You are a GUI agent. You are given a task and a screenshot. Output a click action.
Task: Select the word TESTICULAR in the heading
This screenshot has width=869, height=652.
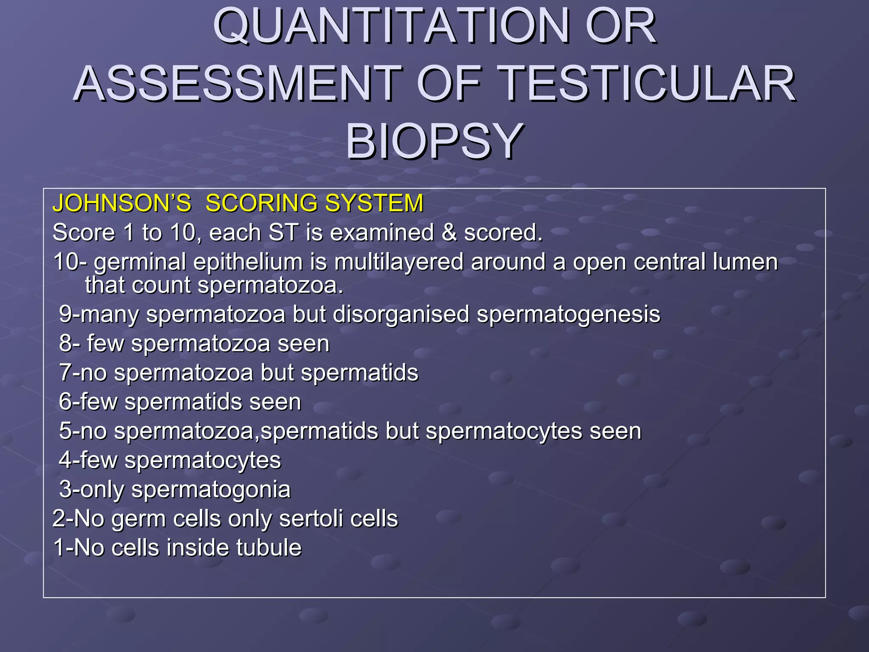[647, 84]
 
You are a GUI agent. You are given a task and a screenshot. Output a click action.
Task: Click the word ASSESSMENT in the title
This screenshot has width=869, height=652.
[238, 84]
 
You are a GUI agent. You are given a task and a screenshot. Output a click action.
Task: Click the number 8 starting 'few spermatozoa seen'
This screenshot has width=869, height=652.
[65, 343]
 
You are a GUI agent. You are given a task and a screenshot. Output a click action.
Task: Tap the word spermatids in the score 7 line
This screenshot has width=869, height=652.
[359, 373]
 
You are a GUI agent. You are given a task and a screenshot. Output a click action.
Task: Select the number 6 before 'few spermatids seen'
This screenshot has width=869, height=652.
[65, 402]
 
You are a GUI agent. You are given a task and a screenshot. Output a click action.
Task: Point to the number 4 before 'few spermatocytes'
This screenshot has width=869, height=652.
[65, 460]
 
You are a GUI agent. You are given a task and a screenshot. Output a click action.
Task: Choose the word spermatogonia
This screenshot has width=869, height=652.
[211, 489]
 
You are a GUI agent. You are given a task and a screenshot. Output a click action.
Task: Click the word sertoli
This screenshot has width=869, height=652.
[304, 519]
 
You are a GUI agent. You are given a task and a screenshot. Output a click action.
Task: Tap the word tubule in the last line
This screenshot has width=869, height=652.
[269, 548]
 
